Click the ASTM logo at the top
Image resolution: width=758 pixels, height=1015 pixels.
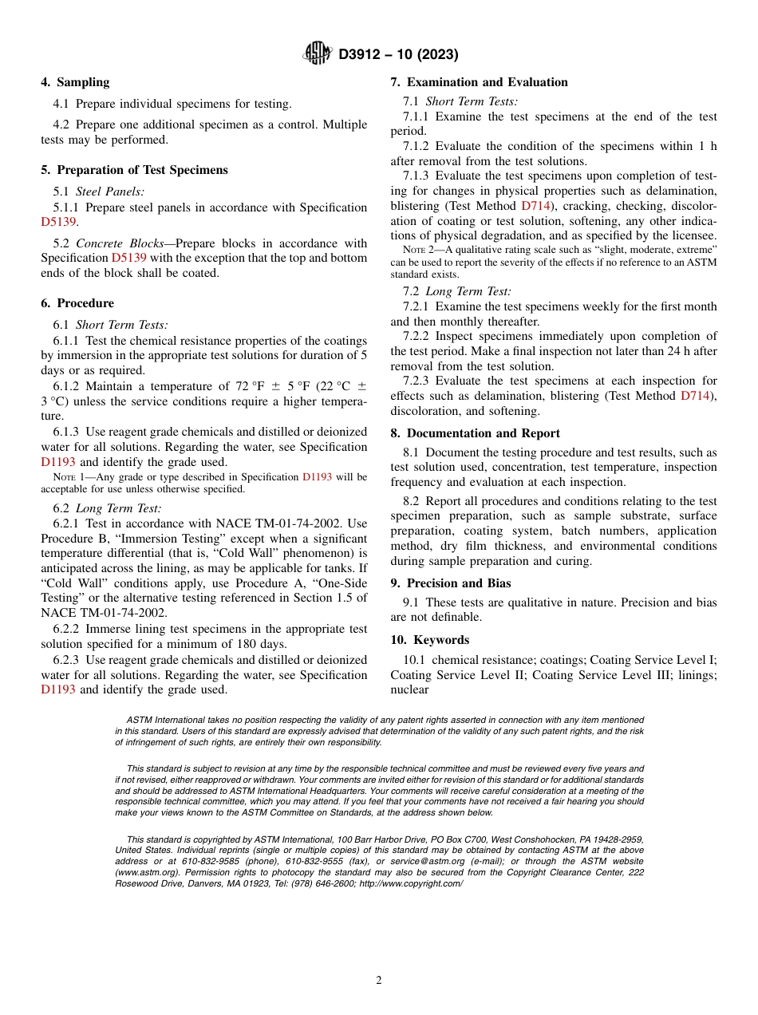[x=318, y=53]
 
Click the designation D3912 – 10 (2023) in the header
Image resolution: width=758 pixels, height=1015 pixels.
[x=398, y=54]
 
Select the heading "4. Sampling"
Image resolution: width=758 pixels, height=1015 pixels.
[x=75, y=82]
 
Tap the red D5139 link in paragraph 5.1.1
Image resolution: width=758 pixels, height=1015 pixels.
[x=58, y=223]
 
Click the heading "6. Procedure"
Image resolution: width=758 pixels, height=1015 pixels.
[x=77, y=303]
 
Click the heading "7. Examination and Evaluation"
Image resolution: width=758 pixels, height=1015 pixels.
[x=479, y=82]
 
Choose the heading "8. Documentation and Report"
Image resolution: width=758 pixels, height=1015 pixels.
[x=475, y=433]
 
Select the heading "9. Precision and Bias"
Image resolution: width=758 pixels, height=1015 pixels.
[x=450, y=583]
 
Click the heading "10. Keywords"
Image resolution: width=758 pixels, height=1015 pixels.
[x=429, y=640]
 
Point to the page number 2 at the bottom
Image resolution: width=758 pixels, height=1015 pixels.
[x=379, y=981]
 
